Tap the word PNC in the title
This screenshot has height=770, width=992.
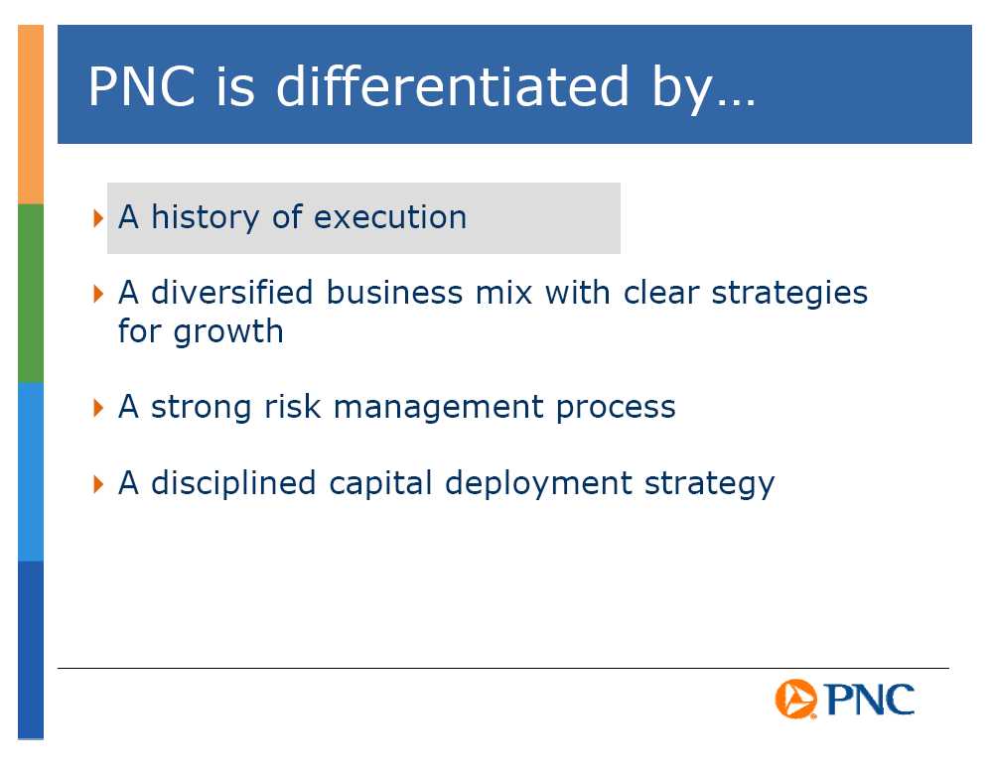(x=142, y=86)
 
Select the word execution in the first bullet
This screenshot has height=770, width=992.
(x=390, y=217)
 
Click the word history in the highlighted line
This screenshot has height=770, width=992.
(x=205, y=218)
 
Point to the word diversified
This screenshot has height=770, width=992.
(x=232, y=292)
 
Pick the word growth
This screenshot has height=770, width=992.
(x=228, y=333)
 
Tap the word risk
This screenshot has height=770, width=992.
(x=292, y=406)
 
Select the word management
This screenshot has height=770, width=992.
(x=439, y=409)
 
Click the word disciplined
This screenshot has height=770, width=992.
(x=233, y=482)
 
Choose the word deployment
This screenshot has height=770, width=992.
(x=538, y=484)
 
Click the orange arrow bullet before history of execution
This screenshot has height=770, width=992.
(x=98, y=218)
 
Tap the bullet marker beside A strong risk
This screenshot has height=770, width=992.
(x=98, y=408)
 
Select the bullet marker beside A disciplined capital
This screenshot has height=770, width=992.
(x=98, y=484)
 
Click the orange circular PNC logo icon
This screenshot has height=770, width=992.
(x=795, y=700)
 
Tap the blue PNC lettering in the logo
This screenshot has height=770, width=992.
(x=870, y=700)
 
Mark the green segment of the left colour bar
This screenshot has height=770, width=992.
(x=31, y=294)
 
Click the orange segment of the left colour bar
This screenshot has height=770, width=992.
(x=31, y=114)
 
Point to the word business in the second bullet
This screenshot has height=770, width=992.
(x=395, y=293)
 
